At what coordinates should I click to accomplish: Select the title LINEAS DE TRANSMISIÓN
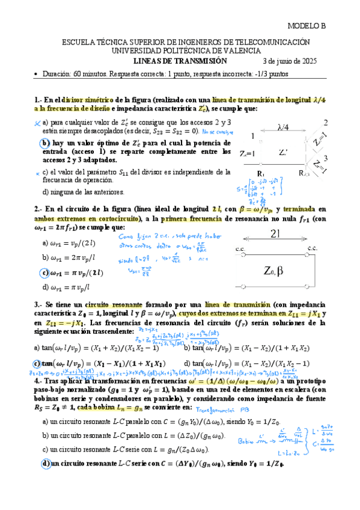point(180,61)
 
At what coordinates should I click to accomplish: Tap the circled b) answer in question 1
point(45,143)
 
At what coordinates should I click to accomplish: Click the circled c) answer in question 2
point(45,272)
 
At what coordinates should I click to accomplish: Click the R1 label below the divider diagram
point(260,173)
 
